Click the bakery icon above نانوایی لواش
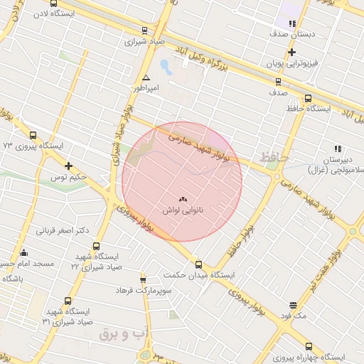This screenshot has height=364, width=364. pos(183,200)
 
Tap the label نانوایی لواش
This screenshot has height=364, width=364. pos(183,211)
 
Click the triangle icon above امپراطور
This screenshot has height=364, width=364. pos(146,77)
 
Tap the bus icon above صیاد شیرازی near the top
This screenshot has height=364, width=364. pos(145,31)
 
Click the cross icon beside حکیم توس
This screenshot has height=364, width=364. pos(68,166)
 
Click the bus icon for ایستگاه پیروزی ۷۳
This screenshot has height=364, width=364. pos(33,135)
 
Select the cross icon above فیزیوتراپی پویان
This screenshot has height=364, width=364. pos(291,52)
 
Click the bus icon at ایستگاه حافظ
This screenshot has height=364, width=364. pos(308,98)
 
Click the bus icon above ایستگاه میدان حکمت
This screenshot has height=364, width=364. pos(198,263)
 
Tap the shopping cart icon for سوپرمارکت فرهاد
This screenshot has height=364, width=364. pos(143,279)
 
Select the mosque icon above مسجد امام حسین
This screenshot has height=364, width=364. pos(24,252)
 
